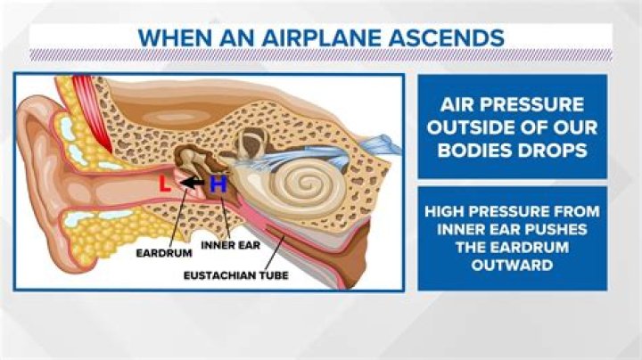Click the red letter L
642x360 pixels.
pos(164,185)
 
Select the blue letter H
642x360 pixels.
pos(217,185)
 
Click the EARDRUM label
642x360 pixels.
pos(162,252)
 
